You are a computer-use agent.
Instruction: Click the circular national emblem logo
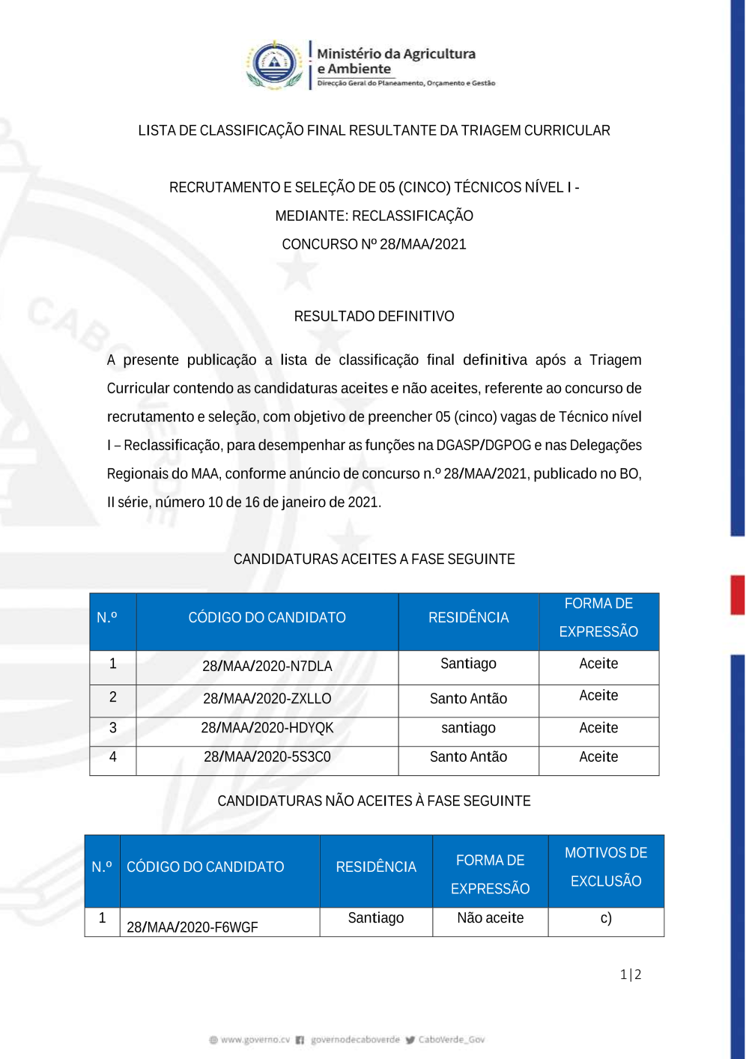click(x=275, y=64)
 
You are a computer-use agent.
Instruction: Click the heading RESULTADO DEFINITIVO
click(x=374, y=316)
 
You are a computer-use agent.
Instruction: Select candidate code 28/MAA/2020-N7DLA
click(x=267, y=667)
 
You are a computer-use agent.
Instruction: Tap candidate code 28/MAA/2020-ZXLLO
click(x=267, y=699)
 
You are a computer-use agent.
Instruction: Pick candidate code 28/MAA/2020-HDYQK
click(x=267, y=728)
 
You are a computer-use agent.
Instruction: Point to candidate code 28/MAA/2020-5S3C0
click(x=267, y=757)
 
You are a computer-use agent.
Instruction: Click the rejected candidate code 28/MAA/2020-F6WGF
click(x=192, y=927)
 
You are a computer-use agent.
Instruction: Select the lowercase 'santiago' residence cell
click(x=468, y=728)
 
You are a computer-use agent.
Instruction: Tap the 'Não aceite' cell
click(x=490, y=918)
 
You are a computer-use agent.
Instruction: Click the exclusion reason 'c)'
click(x=606, y=918)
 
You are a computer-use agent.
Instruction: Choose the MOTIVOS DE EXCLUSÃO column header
click(x=606, y=867)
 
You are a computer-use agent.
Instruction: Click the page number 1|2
click(x=631, y=974)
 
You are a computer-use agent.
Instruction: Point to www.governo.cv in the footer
click(x=255, y=1040)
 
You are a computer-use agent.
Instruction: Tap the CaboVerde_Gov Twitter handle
click(x=451, y=1040)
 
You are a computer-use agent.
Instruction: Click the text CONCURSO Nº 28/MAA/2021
click(x=374, y=244)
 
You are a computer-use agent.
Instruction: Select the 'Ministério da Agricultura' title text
click(x=396, y=54)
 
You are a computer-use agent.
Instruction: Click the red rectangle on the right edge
click(x=738, y=595)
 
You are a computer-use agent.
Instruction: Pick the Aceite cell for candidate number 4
click(x=598, y=757)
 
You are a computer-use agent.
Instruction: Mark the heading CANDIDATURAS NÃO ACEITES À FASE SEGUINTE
click(x=374, y=801)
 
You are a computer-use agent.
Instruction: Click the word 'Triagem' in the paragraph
click(x=615, y=360)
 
